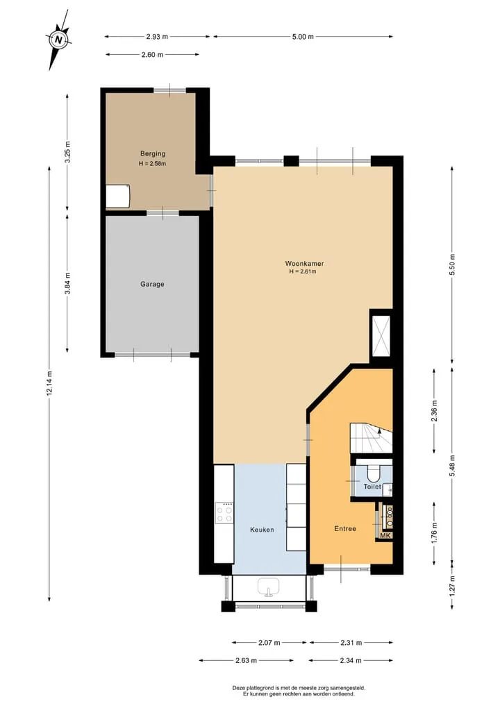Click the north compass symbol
[x=58, y=40]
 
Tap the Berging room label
[x=153, y=153]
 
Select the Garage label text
[x=152, y=284]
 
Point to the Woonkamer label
[x=304, y=263]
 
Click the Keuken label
[x=262, y=530]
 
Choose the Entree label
[x=345, y=528]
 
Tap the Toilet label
[x=372, y=487]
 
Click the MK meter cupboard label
[x=385, y=535]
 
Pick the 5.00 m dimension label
[x=303, y=37]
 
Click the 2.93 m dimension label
[x=157, y=37]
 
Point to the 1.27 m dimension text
[x=452, y=585]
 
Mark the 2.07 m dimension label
[x=269, y=643]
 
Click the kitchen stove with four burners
[x=224, y=513]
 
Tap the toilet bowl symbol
[x=374, y=472]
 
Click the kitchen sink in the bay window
[x=269, y=587]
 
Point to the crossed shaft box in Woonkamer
[x=380, y=337]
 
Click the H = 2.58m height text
[x=152, y=163]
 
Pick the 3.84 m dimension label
[x=67, y=284]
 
